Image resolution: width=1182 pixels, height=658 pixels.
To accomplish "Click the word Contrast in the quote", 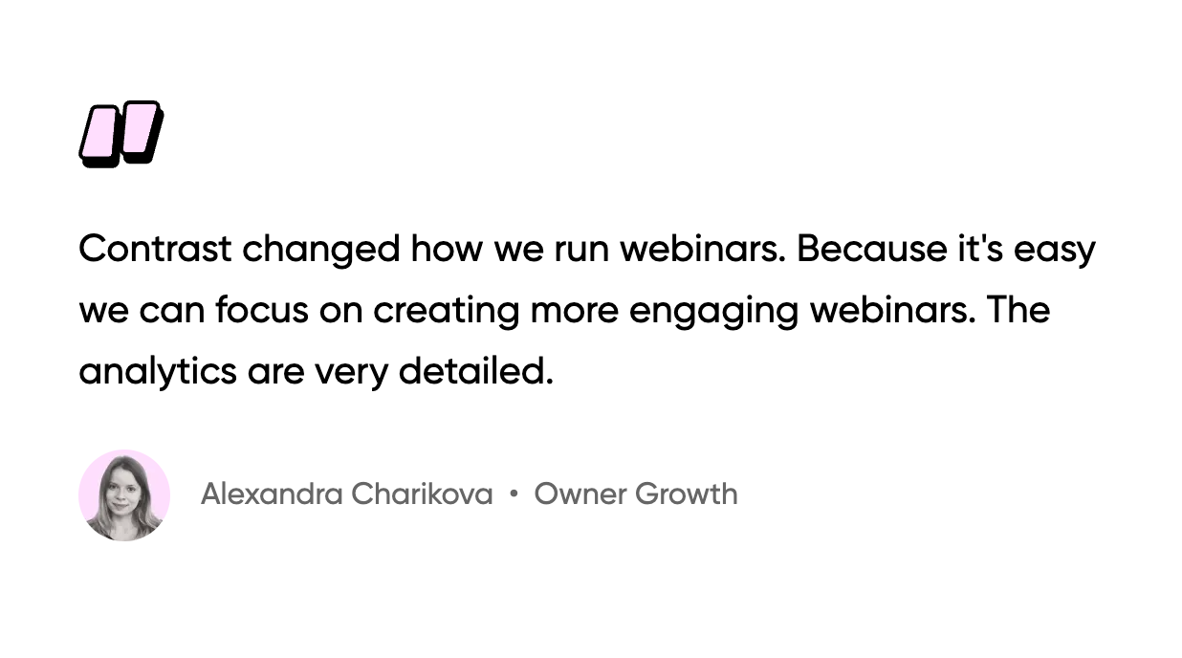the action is pos(155,249).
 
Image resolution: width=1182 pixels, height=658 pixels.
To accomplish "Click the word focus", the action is pos(262,309).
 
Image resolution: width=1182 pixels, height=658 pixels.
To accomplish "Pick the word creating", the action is pos(447,312).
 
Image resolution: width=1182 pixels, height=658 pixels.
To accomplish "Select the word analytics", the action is pos(158,373).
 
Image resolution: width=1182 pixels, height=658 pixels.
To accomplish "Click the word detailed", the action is pos(476,370).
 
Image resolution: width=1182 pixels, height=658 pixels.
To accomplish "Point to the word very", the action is pos(351,375).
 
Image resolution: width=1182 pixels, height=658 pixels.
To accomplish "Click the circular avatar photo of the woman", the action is pos(124,495).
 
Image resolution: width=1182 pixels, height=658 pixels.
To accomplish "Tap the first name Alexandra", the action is pos(272,493).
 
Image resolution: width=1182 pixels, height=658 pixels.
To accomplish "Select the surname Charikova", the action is pos(422,493).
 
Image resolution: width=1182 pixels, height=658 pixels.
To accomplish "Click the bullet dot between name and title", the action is pos(514,493).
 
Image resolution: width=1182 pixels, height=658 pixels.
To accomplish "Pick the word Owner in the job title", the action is pos(580,494).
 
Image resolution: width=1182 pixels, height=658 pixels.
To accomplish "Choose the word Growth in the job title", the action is pos(687,493).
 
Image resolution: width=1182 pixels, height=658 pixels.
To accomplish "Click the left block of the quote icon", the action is pos(100,137).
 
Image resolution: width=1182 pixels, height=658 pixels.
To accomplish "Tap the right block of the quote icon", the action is pos(142,132).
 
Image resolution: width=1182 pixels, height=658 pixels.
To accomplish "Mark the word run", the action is pos(581,251).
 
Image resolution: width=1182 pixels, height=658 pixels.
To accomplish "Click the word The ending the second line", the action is pos(1018,309).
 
